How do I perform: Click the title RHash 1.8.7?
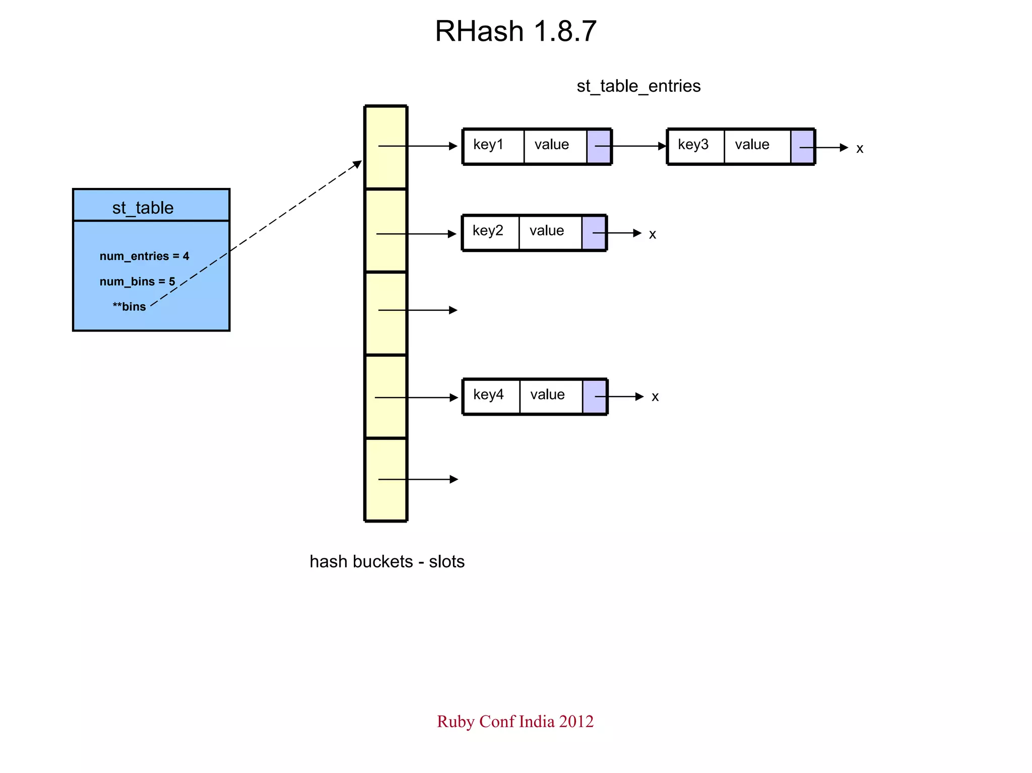pyautogui.click(x=515, y=31)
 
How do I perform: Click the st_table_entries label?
pyautogui.click(x=638, y=86)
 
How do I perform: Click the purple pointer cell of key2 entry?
pyautogui.click(x=594, y=233)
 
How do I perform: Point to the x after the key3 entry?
pyautogui.click(x=860, y=149)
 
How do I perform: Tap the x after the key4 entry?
pyautogui.click(x=655, y=397)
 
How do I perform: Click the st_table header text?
pyautogui.click(x=143, y=208)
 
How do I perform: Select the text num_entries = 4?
pyautogui.click(x=144, y=256)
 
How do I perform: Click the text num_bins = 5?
pyautogui.click(x=137, y=281)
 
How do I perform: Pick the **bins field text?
pyautogui.click(x=129, y=306)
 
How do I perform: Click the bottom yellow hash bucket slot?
pyautogui.click(x=385, y=479)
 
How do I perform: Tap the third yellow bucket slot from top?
pyautogui.click(x=385, y=313)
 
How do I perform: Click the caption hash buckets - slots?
pyautogui.click(x=386, y=561)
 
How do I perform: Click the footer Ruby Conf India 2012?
pyautogui.click(x=515, y=721)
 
